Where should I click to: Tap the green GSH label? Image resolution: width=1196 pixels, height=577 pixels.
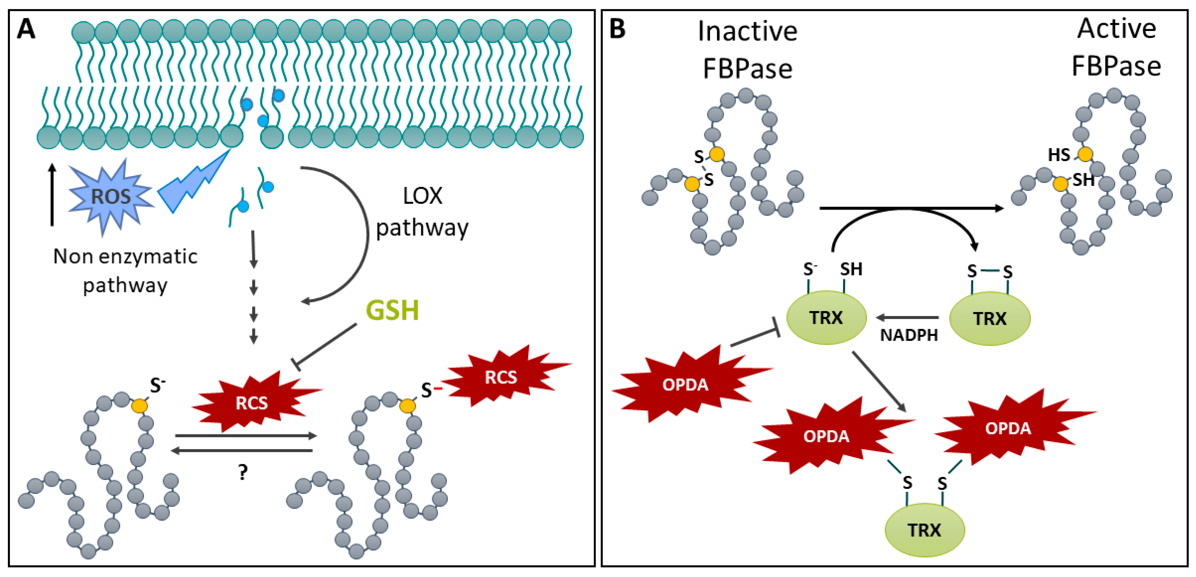(392, 310)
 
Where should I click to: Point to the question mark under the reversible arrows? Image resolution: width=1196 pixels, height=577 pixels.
(243, 473)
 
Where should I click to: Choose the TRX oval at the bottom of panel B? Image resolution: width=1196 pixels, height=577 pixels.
(924, 530)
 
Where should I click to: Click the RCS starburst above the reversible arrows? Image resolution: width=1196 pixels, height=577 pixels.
(252, 402)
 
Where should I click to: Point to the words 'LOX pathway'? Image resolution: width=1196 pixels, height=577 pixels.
(422, 212)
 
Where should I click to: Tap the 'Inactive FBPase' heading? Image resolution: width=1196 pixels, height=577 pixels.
(748, 50)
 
